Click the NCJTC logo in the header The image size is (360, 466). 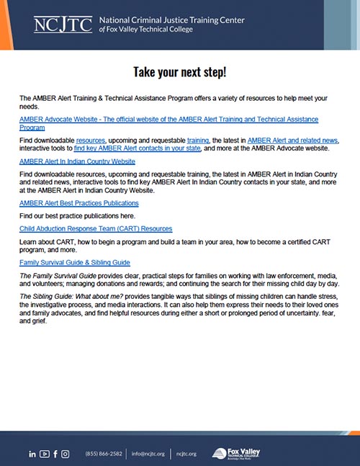pos(63,25)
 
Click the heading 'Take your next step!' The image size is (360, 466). pos(179,72)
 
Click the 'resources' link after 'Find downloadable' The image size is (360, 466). pos(91,138)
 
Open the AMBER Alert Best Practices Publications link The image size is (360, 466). pos(79,203)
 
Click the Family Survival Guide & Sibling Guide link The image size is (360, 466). pos(75,262)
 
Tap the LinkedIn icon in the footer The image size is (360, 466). pos(32,454)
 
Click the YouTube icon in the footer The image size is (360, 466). pos(45,454)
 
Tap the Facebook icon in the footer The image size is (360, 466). pos(55,454)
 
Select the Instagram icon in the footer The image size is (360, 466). pos(66,454)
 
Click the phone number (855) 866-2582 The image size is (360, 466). pos(104,454)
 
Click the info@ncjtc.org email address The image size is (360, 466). pos(148,454)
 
